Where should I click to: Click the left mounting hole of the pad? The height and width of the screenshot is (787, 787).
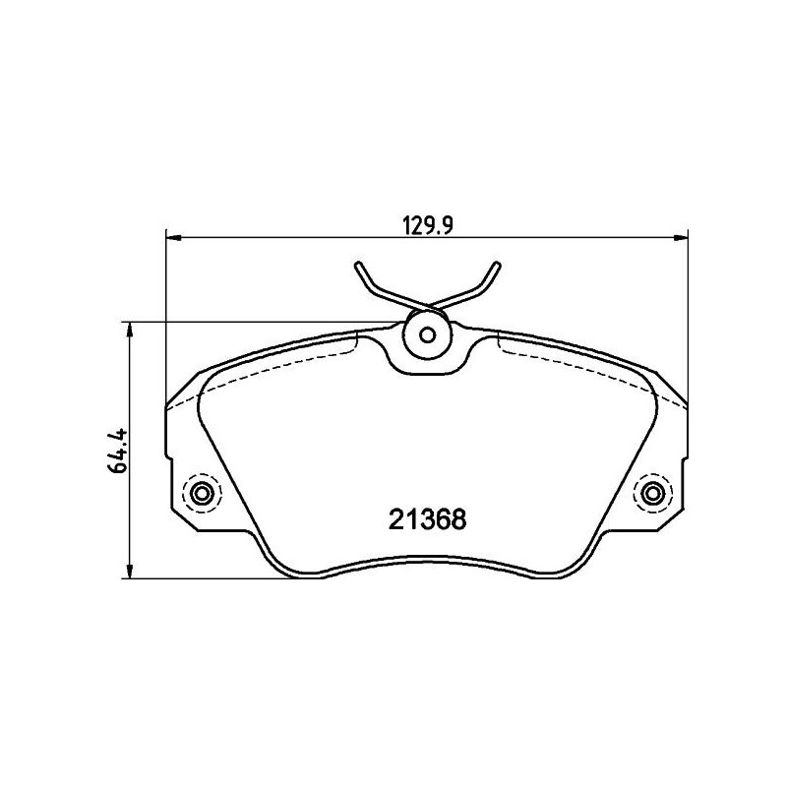point(204,493)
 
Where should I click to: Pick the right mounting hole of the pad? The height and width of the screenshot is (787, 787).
point(651,493)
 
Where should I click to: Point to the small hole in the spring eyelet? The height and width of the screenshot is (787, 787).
point(427,334)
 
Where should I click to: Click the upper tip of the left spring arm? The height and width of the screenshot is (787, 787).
point(358,264)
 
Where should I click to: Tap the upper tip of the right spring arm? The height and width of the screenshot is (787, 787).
point(497,263)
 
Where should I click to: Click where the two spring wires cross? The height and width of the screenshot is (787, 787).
point(427,303)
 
